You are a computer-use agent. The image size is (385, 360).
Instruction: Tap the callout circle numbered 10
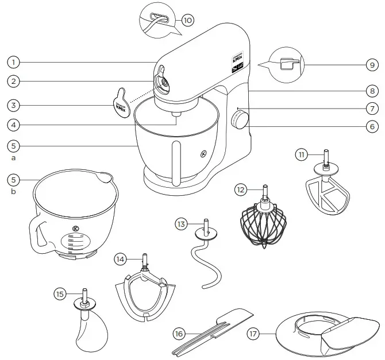point(188,20)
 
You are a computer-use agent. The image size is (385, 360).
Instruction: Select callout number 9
point(372,64)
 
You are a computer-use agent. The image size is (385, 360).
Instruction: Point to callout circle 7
point(372,107)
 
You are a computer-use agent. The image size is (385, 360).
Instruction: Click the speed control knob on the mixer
point(240,121)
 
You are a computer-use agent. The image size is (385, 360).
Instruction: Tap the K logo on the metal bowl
point(203,153)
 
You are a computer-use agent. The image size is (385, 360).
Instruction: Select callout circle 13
point(182,224)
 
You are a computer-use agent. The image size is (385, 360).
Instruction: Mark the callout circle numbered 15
point(60,293)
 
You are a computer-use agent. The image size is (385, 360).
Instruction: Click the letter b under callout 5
point(14,192)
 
